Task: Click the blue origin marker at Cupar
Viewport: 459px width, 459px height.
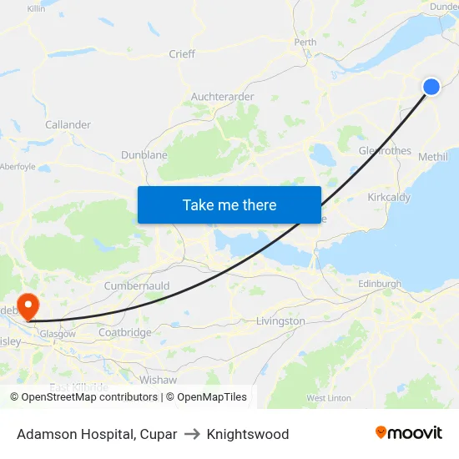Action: (431, 87)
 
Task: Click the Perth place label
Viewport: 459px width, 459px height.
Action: (305, 42)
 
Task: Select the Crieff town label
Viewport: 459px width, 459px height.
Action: (182, 54)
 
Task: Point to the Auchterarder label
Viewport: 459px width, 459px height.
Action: (222, 97)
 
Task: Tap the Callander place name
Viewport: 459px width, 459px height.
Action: (68, 125)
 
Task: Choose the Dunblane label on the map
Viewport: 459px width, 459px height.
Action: (144, 154)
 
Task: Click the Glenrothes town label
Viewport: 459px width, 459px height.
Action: (385, 151)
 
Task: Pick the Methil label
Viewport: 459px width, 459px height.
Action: (432, 157)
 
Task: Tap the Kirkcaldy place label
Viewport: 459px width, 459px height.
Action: (389, 198)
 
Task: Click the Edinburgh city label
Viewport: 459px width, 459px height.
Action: (380, 285)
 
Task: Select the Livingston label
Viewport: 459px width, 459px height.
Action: (280, 321)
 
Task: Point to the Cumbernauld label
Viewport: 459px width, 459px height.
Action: (137, 286)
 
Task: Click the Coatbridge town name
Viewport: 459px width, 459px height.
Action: (125, 332)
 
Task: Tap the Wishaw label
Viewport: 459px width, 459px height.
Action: (159, 379)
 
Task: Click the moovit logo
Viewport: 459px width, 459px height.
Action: (409, 432)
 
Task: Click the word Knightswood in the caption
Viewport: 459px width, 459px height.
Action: (248, 434)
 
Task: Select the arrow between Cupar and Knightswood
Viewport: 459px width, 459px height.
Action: (192, 434)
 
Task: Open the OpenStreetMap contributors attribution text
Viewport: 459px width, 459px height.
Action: (83, 397)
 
